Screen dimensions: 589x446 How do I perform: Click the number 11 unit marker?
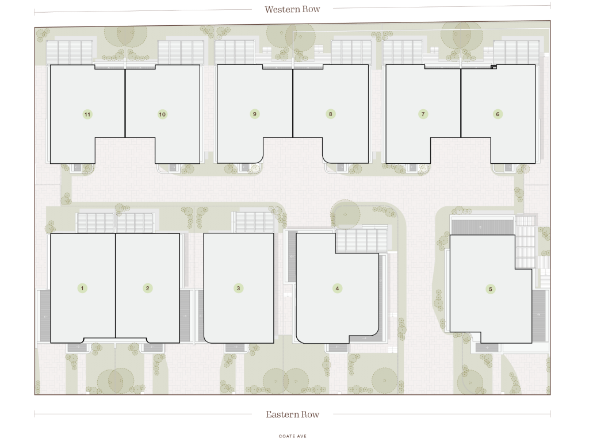(87, 114)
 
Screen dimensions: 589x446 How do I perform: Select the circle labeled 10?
(162, 114)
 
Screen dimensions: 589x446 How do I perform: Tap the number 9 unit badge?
(255, 114)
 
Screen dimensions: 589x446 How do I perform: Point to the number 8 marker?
(331, 114)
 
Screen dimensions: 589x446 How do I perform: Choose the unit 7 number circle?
(423, 114)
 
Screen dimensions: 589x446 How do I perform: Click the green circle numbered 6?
(498, 114)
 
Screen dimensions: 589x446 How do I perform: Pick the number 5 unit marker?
(490, 289)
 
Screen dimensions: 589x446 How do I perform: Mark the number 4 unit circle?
(337, 289)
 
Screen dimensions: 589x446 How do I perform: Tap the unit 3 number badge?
(238, 289)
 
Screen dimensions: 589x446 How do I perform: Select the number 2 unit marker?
(148, 289)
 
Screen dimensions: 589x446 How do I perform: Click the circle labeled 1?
(82, 289)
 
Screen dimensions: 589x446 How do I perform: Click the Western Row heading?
(292, 9)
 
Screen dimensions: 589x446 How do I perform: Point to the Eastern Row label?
(293, 414)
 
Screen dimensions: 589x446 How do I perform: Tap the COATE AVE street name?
(293, 436)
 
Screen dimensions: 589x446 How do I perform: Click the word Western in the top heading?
(279, 9)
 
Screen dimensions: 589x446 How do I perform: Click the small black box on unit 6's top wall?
(494, 67)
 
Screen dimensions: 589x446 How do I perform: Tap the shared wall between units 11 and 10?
(125, 101)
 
